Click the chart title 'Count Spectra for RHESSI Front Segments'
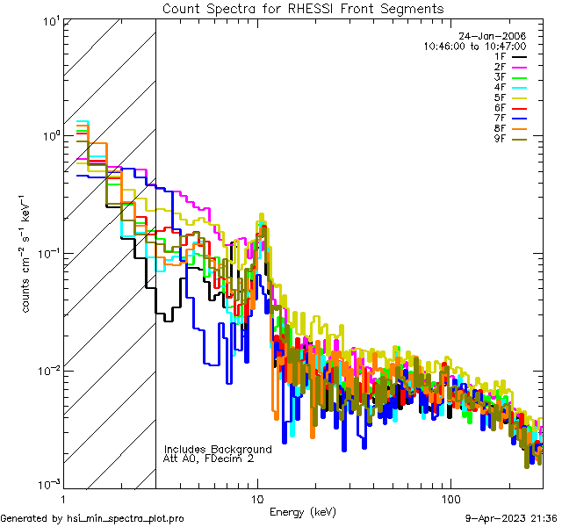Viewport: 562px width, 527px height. click(303, 8)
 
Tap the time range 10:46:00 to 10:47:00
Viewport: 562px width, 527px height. click(474, 46)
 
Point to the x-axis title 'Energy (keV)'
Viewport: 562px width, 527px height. click(303, 512)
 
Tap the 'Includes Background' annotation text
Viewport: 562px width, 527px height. click(217, 449)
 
